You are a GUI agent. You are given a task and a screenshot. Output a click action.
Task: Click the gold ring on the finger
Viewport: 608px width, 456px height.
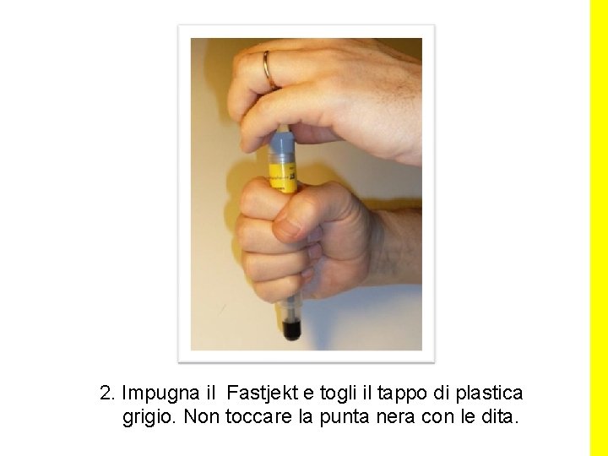269,71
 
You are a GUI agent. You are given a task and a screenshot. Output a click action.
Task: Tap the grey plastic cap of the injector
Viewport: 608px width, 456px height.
282,143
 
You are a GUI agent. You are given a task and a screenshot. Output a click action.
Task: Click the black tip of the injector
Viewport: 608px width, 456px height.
292,329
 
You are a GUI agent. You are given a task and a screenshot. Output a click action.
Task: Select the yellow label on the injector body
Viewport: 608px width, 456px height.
284,177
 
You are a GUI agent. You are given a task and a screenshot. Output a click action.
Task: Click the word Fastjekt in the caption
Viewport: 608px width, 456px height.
263,394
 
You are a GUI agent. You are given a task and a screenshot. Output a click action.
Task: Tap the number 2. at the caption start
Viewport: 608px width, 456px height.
107,394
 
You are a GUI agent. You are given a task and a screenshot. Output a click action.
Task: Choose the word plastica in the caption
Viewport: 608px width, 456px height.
489,394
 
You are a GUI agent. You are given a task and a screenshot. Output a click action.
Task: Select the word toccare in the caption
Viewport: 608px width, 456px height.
258,417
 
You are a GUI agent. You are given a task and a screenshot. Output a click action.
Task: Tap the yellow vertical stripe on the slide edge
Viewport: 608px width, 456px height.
599,228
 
